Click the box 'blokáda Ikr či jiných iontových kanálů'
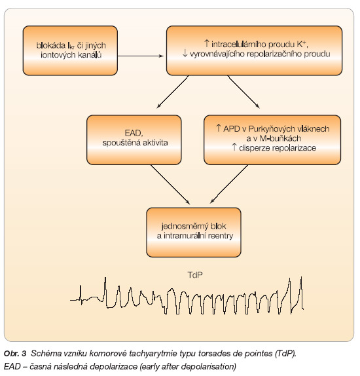[70, 50]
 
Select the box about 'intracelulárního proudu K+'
[254, 50]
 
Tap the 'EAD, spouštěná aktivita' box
[134, 140]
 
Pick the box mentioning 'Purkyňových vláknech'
[272, 140]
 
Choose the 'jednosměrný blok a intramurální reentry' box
[194, 233]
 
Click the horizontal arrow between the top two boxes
[141, 56]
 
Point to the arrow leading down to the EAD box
[173, 92]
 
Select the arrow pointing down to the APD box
[243, 92]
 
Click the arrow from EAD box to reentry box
[170, 185]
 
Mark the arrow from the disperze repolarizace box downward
[229, 184]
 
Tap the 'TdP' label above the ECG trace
[195, 275]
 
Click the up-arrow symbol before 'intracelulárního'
[206, 44]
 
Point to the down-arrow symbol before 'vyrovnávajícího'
[185, 53]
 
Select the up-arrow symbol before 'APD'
[219, 128]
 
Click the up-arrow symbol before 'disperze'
[234, 147]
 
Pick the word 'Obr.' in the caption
[12, 354]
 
